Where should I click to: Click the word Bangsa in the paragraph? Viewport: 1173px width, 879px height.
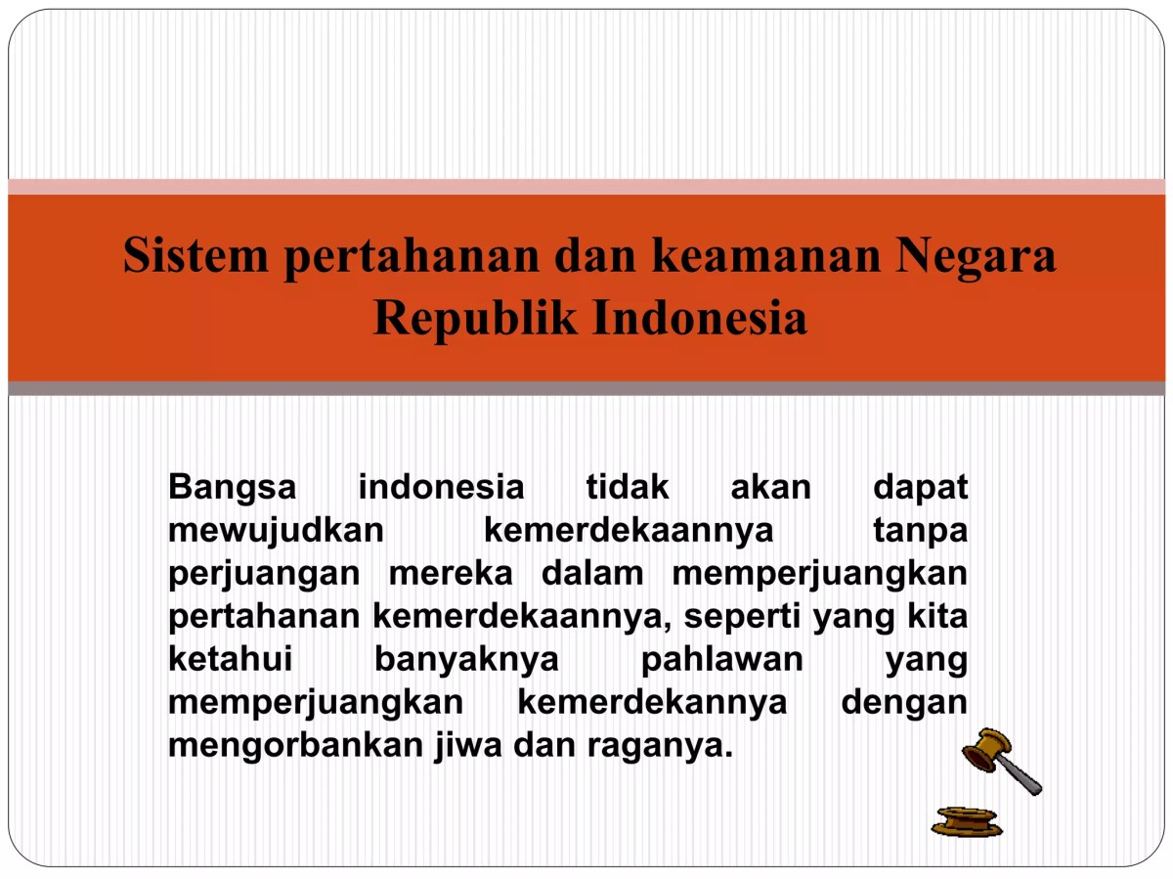pos(233,487)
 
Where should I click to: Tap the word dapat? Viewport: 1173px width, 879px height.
pos(920,487)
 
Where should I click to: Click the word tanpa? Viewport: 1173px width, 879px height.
pos(920,530)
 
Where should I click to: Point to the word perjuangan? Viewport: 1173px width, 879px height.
pos(265,574)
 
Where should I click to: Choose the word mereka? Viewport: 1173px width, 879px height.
pos(451,574)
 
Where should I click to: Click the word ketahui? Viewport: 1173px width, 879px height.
pos(231,660)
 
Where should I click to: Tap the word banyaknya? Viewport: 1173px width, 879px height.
pos(466,660)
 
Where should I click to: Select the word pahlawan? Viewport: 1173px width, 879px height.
pos(721,660)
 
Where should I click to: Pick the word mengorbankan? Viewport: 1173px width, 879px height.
pos(296,746)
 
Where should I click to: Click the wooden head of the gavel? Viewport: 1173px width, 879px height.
pos(983,751)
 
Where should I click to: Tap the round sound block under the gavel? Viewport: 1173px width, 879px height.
pos(967,821)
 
